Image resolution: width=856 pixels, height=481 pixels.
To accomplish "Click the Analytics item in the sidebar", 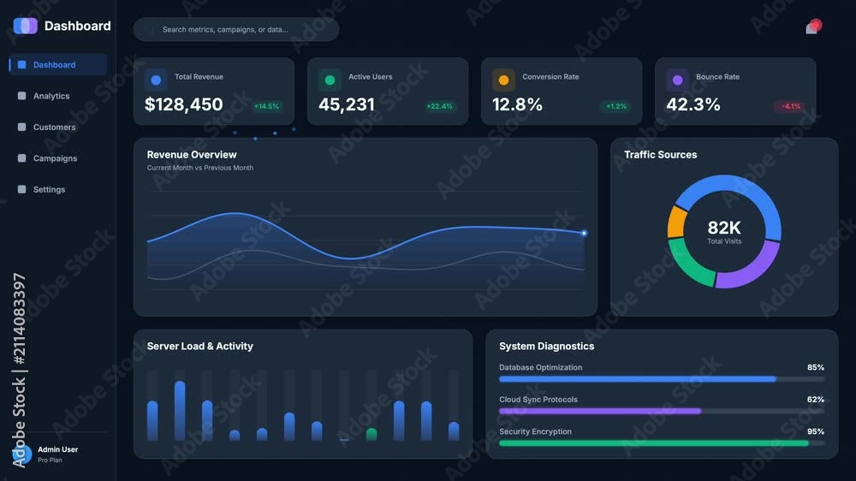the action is click(51, 96).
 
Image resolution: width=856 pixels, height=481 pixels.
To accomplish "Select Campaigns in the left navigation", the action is click(55, 158).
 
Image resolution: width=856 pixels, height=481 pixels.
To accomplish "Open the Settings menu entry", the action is click(49, 189).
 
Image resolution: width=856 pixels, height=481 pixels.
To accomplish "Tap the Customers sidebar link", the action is click(54, 128).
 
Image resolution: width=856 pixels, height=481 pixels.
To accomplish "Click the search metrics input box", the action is click(236, 29).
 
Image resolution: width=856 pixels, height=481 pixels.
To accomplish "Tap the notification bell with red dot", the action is click(813, 27).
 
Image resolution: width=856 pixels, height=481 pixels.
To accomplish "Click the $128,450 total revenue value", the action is click(183, 104).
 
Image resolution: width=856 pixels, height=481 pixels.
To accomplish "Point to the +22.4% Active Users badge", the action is click(439, 106).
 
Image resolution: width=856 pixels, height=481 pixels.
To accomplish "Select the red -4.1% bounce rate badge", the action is click(790, 106).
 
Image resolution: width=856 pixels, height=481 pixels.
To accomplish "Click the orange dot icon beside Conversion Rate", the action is click(503, 80).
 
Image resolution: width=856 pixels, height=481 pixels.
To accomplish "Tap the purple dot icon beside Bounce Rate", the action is click(677, 80).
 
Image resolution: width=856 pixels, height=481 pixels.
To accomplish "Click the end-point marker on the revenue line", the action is click(584, 233).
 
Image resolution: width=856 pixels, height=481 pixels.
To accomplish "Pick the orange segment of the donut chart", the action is click(676, 222).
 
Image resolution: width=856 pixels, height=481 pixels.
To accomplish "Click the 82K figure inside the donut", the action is click(724, 227).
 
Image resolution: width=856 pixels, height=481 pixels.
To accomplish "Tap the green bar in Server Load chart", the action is click(372, 434).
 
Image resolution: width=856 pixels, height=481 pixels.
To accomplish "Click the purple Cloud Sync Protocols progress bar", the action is click(600, 411).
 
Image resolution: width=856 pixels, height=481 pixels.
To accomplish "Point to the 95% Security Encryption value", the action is click(816, 431).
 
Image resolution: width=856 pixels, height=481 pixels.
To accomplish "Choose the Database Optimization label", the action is click(540, 367).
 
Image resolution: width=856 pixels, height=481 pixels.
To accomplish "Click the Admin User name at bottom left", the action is click(58, 449).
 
